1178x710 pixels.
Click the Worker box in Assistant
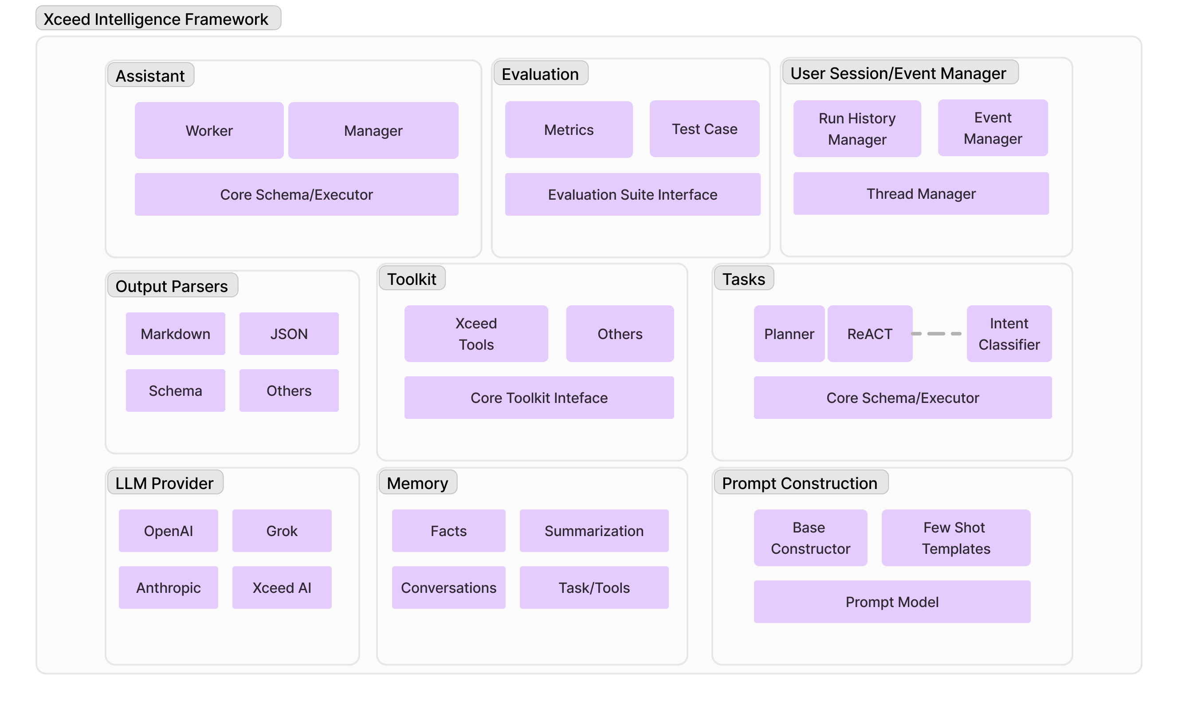point(209,130)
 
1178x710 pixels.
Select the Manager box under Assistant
point(373,130)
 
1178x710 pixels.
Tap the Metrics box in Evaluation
point(569,129)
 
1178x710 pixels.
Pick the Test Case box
point(704,128)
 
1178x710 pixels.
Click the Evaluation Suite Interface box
point(632,194)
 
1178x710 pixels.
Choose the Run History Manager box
point(857,128)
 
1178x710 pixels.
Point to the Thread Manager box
point(921,193)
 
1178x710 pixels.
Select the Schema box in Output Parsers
point(176,390)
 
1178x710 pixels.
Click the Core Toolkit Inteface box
point(539,398)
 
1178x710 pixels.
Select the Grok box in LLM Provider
point(282,531)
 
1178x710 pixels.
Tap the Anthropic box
point(168,588)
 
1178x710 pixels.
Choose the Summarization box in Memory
point(594,531)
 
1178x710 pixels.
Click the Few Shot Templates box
point(956,538)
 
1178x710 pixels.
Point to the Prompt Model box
point(891,601)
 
